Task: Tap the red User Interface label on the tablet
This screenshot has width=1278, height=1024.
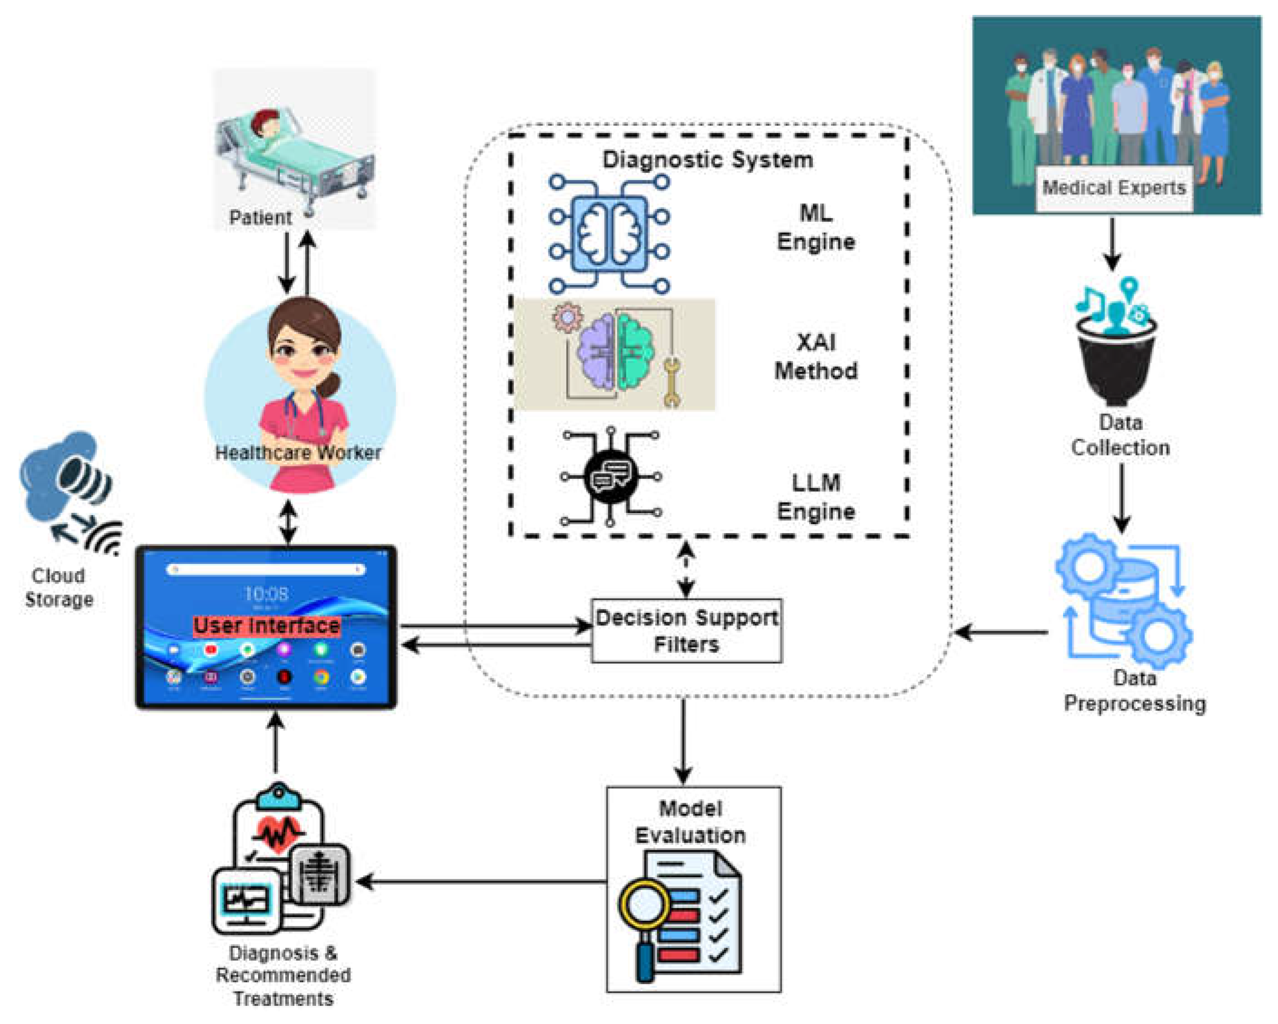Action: tap(267, 626)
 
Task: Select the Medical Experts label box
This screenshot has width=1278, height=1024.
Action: tap(1113, 188)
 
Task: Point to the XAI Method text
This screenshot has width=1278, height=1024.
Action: tap(816, 357)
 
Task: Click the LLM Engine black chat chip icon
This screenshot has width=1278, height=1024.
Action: tap(610, 476)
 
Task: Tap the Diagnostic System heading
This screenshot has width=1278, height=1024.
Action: tap(707, 160)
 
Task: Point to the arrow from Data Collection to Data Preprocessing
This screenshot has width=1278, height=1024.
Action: tap(1121, 498)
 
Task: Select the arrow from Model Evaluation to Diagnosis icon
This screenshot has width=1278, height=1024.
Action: tap(480, 882)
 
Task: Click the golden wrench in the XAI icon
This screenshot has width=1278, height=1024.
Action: tap(671, 382)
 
